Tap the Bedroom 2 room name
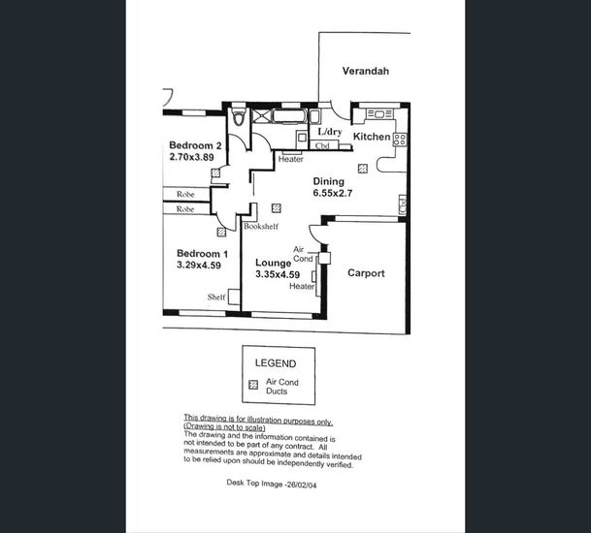click(195, 145)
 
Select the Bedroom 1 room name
click(202, 254)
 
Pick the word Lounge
click(273, 263)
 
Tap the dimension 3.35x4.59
click(278, 275)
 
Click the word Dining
click(328, 181)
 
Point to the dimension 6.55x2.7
click(334, 193)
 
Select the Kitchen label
click(371, 138)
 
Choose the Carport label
click(366, 273)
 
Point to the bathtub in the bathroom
click(288, 118)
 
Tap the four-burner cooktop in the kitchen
click(399, 139)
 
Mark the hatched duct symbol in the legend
click(254, 385)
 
